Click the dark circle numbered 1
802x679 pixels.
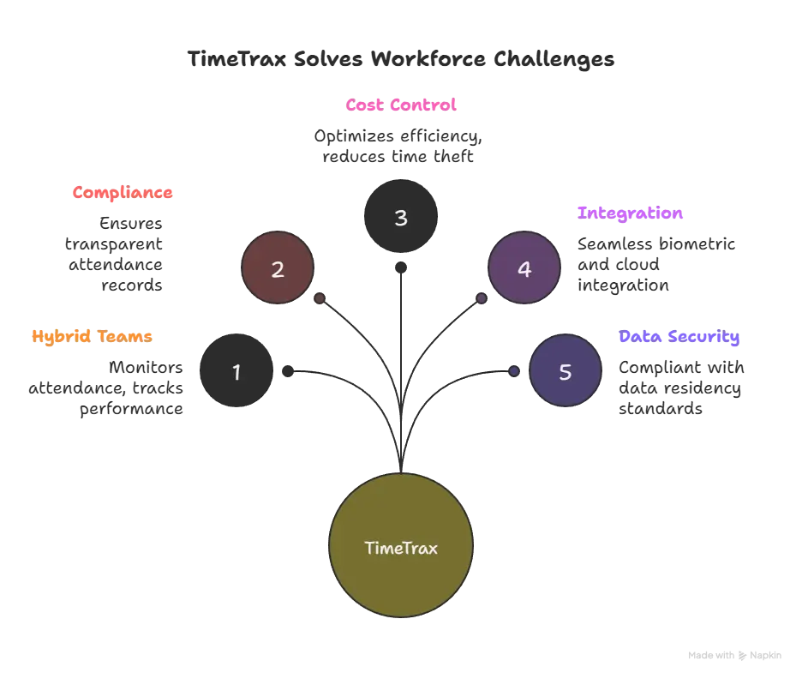236,372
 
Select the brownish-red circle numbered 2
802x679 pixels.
277,269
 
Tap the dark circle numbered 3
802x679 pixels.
400,218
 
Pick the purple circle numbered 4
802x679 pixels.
524,269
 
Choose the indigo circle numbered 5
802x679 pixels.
565,372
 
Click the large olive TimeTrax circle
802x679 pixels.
400,547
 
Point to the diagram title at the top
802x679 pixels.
400,60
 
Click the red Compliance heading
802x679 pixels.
123,192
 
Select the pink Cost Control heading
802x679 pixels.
400,105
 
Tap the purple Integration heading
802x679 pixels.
631,213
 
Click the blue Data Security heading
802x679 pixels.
678,337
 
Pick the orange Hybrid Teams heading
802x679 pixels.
93,337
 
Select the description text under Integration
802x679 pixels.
656,266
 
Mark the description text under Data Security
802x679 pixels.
682,389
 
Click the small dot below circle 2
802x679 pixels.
319,298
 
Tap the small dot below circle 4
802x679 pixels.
482,298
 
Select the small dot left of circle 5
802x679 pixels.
513,370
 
